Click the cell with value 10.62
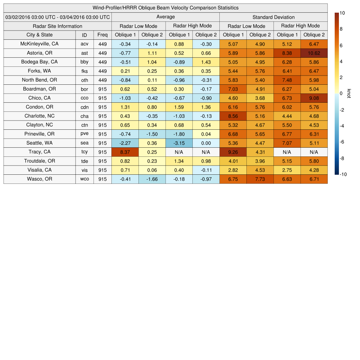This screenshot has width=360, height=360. pyautogui.click(x=314, y=53)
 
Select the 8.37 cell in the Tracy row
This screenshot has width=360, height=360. pyautogui.click(x=125, y=152)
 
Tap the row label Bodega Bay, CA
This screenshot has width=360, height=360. pyautogui.click(x=39, y=62)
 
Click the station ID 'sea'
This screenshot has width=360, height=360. pyautogui.click(x=84, y=143)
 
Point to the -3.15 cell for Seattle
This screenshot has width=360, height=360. pyautogui.click(x=179, y=143)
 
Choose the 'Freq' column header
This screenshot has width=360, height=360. pyautogui.click(x=102, y=35)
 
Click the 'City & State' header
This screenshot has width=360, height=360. pyautogui.click(x=39, y=35)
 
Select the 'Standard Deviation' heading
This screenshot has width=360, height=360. pyautogui.click(x=274, y=17)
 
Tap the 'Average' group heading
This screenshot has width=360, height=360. pyautogui.click(x=165, y=17)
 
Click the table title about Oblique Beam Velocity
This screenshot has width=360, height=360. pyautogui.click(x=166, y=8)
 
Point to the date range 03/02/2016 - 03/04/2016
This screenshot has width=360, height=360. pyautogui.click(x=57, y=17)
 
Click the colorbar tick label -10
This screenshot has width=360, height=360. pyautogui.click(x=343, y=174)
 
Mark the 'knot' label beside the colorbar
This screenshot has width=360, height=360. pyautogui.click(x=349, y=93)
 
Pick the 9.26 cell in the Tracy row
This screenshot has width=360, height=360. pyautogui.click(x=233, y=152)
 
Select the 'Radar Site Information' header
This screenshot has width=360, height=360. pyautogui.click(x=57, y=26)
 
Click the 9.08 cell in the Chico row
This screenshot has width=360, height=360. pyautogui.click(x=314, y=98)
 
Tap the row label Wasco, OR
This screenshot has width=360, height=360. pyautogui.click(x=39, y=179)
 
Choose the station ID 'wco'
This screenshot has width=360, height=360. pyautogui.click(x=84, y=179)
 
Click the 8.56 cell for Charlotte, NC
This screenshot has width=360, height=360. pyautogui.click(x=233, y=116)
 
